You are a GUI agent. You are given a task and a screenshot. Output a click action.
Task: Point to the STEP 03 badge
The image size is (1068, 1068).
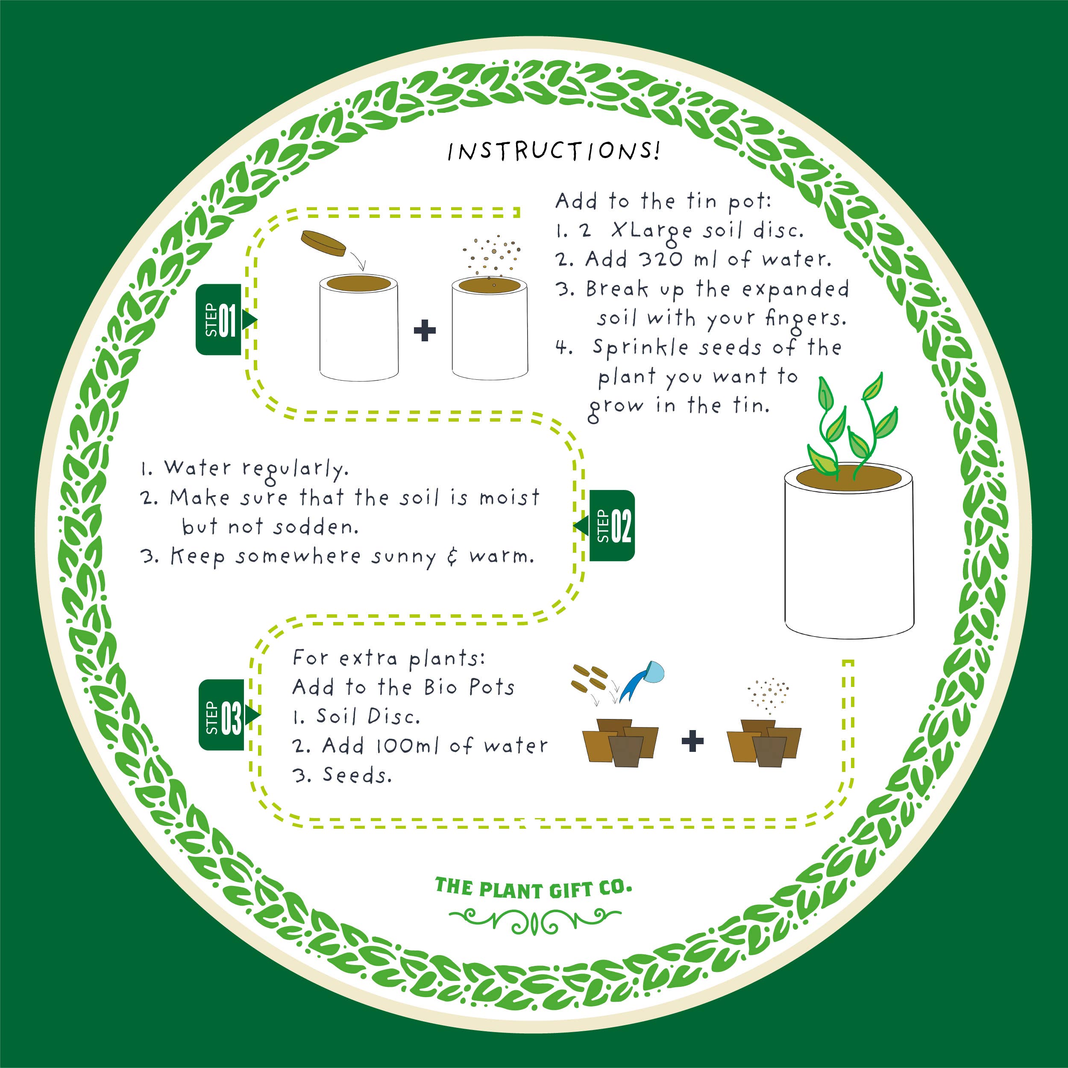[x=228, y=715]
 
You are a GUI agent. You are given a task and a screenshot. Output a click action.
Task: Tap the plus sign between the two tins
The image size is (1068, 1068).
[x=425, y=331]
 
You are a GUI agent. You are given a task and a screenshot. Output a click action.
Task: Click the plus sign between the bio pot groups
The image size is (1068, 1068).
[x=692, y=741]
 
